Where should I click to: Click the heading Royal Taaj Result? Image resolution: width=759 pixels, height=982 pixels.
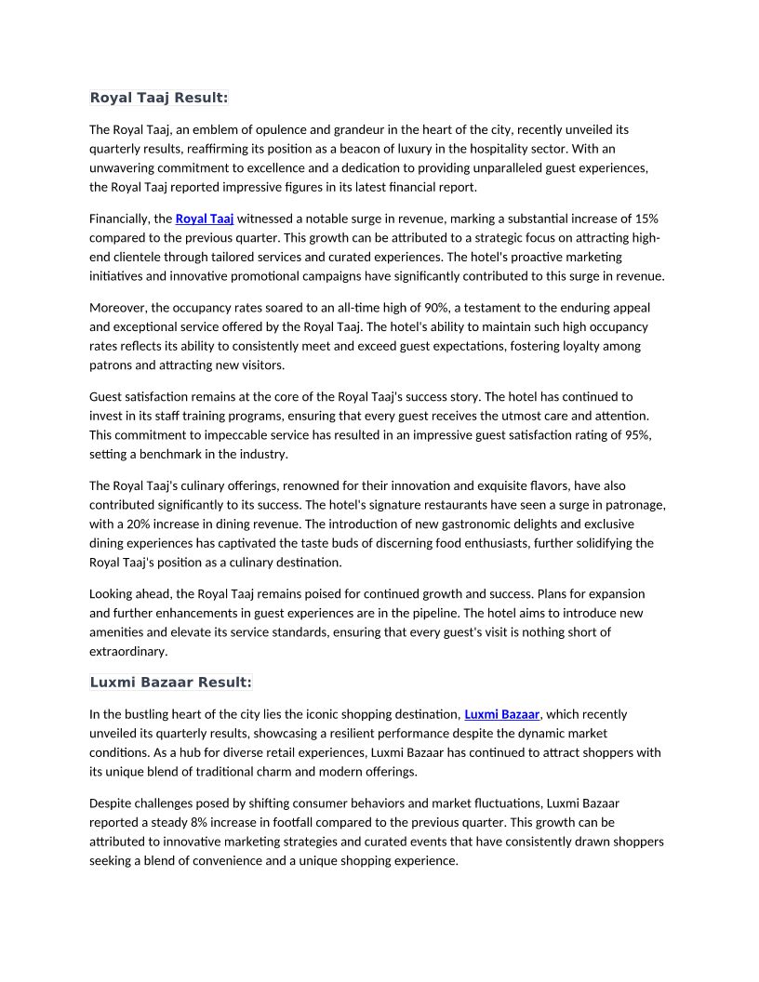pos(158,98)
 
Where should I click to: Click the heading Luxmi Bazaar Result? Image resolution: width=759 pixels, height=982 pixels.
pos(170,683)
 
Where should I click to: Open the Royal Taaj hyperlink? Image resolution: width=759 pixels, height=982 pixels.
pos(204,219)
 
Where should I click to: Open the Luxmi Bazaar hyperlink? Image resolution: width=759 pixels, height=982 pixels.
pos(501,715)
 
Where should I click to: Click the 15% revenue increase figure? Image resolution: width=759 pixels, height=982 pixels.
pos(646,219)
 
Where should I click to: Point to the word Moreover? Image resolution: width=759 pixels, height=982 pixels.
pos(117,308)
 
